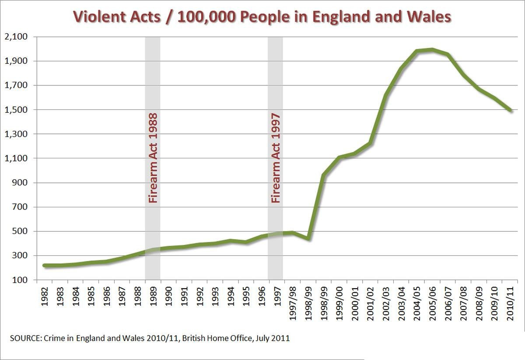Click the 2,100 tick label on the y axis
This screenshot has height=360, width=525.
tap(15, 37)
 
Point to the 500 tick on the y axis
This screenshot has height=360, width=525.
tap(19, 231)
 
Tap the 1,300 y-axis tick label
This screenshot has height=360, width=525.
tap(15, 134)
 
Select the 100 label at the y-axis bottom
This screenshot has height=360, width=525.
tap(19, 280)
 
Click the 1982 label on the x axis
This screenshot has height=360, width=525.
tap(45, 298)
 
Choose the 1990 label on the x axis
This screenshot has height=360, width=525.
tap(168, 298)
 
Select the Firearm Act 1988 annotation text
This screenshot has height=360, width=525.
tap(153, 158)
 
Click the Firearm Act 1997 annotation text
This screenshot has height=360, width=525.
tap(276, 158)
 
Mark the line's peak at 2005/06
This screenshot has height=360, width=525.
tap(432, 49)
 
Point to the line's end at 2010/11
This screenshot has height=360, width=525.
tap(510, 110)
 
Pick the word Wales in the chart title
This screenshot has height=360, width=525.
tap(428, 17)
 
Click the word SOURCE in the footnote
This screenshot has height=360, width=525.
tap(24, 338)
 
